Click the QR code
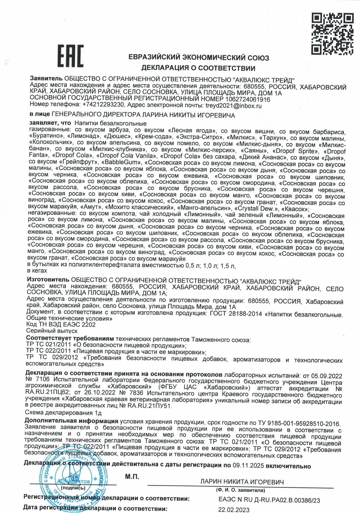(x=332, y=34)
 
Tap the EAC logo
(x=71, y=56)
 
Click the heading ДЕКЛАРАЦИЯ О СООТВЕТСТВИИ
(x=198, y=68)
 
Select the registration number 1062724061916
(x=248, y=99)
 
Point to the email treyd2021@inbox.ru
(x=234, y=105)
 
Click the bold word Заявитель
(x=46, y=79)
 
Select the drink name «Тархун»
(x=274, y=138)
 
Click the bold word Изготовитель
(x=48, y=279)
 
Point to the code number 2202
(x=89, y=325)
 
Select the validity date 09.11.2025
(x=248, y=466)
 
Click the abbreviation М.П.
(x=132, y=477)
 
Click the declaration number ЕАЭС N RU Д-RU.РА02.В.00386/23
(x=269, y=500)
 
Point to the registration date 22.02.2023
(x=233, y=510)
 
